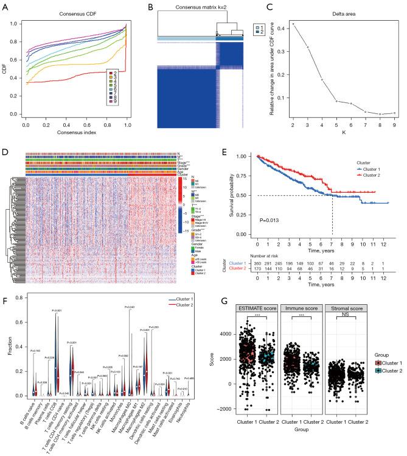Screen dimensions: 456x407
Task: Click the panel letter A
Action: point(5,6)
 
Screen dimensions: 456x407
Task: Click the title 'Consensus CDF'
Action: point(75,13)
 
